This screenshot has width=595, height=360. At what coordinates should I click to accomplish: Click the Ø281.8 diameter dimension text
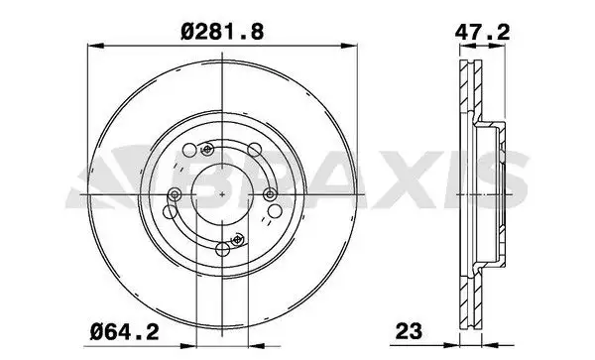pos(222,32)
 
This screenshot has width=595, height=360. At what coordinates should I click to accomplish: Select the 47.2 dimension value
pos(483,32)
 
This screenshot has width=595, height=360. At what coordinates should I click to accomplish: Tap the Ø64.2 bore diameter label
pos(125,332)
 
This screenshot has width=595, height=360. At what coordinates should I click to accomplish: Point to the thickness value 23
pos(409,331)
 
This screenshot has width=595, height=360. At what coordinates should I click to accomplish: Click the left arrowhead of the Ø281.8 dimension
pos(95,46)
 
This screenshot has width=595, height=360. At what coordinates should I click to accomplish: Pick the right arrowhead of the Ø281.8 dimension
pos(349,46)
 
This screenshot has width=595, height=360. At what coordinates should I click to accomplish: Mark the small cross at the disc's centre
pos(222,194)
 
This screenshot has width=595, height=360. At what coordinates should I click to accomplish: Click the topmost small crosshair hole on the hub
pos(207,150)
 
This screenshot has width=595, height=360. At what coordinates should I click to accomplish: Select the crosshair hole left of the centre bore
pos(175,194)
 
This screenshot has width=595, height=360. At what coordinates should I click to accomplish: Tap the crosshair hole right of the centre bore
pos(270,194)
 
